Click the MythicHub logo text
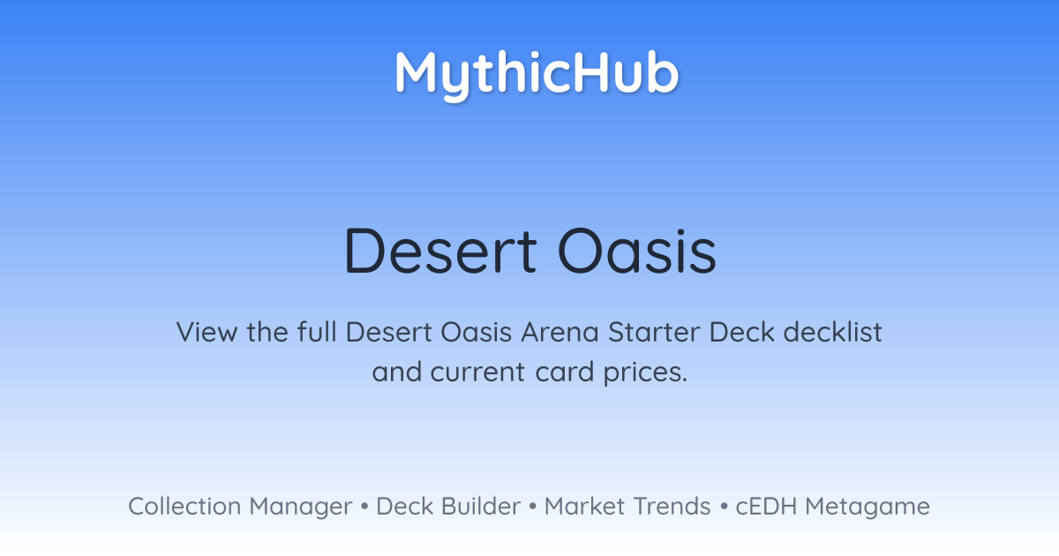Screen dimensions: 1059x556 (537, 76)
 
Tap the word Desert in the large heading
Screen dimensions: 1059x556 (440, 251)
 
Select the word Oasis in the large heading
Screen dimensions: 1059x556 (637, 251)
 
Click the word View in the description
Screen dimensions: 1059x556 (207, 332)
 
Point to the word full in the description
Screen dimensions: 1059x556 (317, 332)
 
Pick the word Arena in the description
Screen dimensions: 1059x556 (560, 332)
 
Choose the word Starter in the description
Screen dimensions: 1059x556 (654, 332)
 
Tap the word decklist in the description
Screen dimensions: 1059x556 (832, 332)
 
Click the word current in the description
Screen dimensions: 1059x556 (477, 372)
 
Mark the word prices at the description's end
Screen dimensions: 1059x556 (645, 373)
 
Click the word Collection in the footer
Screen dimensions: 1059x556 (184, 507)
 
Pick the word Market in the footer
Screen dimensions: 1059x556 (585, 507)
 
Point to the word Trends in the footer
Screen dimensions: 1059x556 (672, 507)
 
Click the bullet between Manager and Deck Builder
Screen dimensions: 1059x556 (364, 507)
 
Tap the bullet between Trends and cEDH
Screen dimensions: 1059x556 (724, 507)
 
